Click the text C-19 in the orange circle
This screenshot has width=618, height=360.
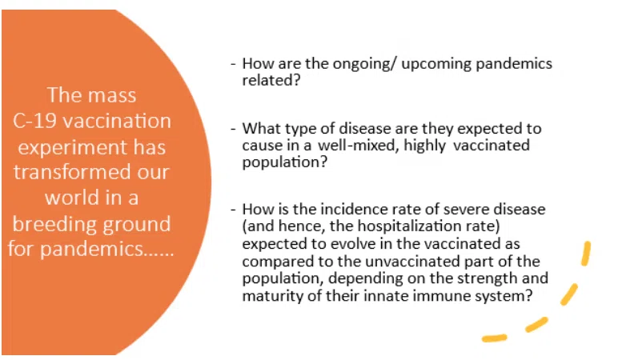pos(35,121)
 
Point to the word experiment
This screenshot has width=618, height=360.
pos(73,148)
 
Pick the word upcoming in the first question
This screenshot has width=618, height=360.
pos(436,65)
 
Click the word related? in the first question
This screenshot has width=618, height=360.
pos(271,80)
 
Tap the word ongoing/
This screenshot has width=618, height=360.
pos(363,65)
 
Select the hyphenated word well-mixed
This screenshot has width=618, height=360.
pos(359,146)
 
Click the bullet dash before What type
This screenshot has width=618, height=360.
pos(233,129)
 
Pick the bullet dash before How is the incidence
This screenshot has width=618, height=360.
pos(233,210)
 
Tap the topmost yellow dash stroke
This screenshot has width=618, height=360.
pos(587,254)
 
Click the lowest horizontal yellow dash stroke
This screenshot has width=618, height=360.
pos(495,338)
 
